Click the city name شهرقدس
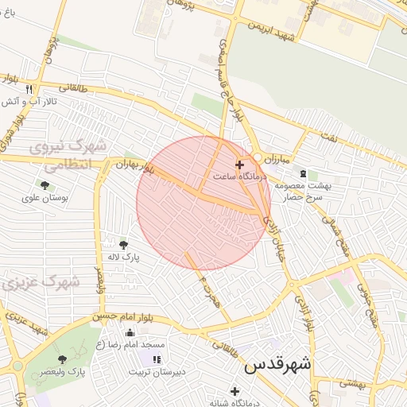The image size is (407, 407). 277,365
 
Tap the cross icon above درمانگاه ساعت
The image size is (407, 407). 239,164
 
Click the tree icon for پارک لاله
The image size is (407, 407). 123,244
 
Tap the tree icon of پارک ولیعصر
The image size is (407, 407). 62,359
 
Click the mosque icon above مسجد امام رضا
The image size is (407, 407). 130,332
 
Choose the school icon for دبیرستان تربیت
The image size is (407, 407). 156,359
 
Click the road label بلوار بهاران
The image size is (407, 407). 134,166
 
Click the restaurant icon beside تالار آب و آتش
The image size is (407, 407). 29,89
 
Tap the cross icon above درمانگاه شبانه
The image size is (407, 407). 235,391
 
